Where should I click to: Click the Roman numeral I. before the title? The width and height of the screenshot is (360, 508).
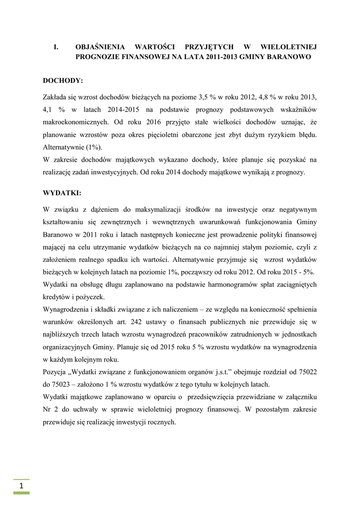[x=56, y=47]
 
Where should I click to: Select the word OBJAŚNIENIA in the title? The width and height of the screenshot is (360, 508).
[x=101, y=47]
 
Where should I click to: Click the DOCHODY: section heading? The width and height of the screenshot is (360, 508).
[x=63, y=79]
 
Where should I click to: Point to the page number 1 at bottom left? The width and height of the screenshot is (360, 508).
[x=21, y=486]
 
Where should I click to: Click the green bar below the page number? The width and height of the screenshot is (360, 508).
[x=21, y=493]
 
